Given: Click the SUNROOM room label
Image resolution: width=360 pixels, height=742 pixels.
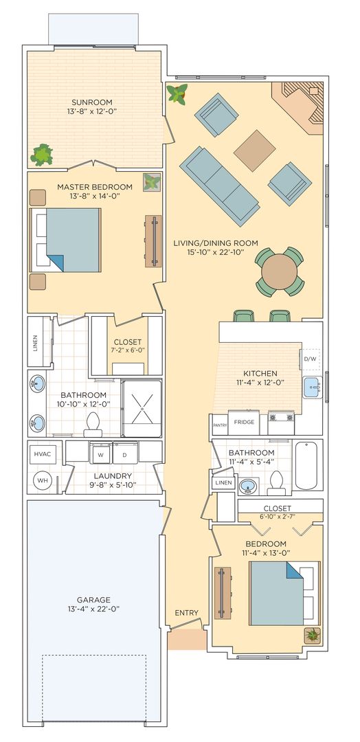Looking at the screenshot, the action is (x=92, y=102).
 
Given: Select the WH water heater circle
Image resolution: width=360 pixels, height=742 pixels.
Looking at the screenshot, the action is (x=43, y=481).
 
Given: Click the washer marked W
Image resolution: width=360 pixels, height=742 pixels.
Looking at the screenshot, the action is (x=101, y=453).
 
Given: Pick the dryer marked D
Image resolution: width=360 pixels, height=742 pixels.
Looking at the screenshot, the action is (x=125, y=453).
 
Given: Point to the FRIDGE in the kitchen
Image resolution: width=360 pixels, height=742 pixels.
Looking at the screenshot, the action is (x=244, y=422).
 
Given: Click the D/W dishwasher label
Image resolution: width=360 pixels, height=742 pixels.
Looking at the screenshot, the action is (x=310, y=359).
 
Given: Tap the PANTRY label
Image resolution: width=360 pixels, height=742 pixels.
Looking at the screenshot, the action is (x=220, y=425).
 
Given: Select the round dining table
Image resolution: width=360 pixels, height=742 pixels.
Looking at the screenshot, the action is (x=279, y=272).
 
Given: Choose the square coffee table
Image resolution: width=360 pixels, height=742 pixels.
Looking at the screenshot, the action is (x=254, y=150).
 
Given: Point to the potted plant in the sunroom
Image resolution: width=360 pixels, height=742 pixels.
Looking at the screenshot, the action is (x=42, y=155).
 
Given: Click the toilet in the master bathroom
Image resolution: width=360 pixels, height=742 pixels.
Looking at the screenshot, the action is (x=93, y=425).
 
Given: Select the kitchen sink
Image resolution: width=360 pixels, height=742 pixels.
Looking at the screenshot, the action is (x=313, y=387).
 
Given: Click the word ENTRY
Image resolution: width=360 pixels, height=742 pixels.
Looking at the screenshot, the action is (x=186, y=612).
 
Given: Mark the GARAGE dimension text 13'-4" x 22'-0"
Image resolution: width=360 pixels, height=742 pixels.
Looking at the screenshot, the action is (x=93, y=608).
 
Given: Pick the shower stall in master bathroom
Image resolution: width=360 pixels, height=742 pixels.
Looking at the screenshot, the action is (x=142, y=407).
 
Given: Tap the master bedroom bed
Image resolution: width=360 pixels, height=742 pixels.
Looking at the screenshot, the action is (x=66, y=240).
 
